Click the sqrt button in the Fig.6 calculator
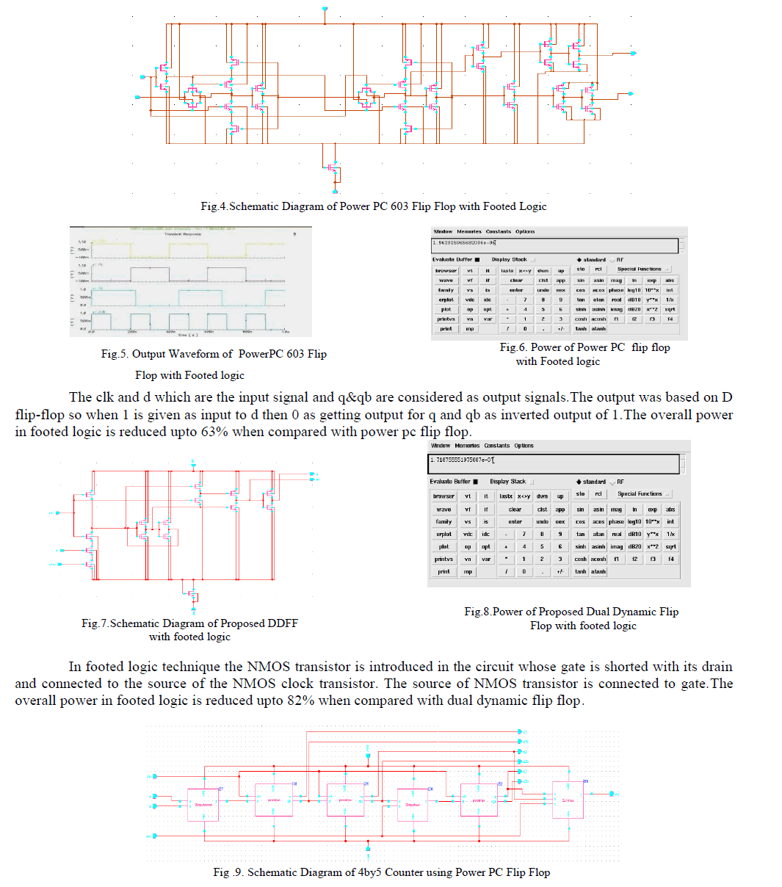(x=670, y=309)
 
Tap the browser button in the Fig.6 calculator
(x=446, y=270)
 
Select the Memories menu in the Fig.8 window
(x=467, y=446)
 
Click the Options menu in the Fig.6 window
(x=525, y=231)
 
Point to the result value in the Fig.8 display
(x=463, y=460)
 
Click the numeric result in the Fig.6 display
(x=464, y=242)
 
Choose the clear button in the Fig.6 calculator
(x=516, y=280)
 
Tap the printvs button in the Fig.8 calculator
(x=444, y=559)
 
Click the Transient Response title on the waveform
(x=188, y=234)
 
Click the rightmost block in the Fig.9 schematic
(x=568, y=800)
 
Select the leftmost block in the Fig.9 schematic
(x=203, y=804)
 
